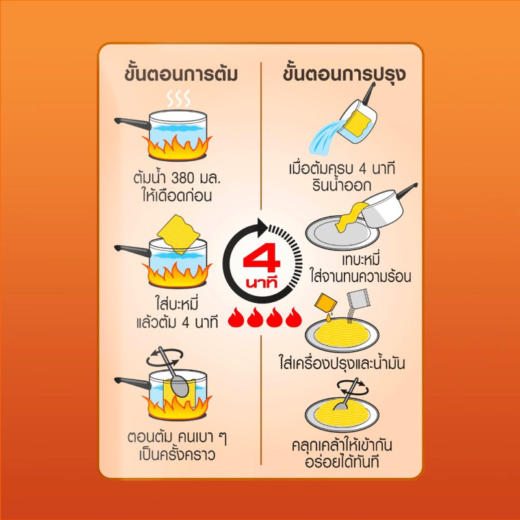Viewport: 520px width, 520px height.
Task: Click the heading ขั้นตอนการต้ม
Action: [x=181, y=73]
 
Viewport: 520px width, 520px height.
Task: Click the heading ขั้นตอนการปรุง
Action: [x=344, y=73]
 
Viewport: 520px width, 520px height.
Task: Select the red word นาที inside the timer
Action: [x=262, y=283]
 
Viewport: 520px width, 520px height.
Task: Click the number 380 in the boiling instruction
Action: [x=182, y=178]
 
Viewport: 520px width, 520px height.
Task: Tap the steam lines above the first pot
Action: [x=179, y=98]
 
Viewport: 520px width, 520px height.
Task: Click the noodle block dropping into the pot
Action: [x=179, y=234]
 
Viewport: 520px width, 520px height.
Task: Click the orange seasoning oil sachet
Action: [x=326, y=304]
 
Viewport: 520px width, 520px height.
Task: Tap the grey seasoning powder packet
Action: [x=357, y=298]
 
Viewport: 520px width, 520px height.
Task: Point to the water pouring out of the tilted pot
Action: [x=328, y=136]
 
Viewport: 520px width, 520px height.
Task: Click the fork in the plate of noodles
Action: [x=347, y=394]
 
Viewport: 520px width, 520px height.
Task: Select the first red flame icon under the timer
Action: [x=236, y=317]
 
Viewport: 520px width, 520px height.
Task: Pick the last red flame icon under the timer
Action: [x=294, y=317]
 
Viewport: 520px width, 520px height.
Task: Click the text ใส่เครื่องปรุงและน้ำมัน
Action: [x=342, y=363]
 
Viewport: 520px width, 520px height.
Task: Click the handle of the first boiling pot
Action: [x=133, y=123]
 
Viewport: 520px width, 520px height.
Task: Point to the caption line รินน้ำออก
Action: [x=341, y=185]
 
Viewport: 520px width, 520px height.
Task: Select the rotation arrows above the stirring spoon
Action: [x=165, y=357]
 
